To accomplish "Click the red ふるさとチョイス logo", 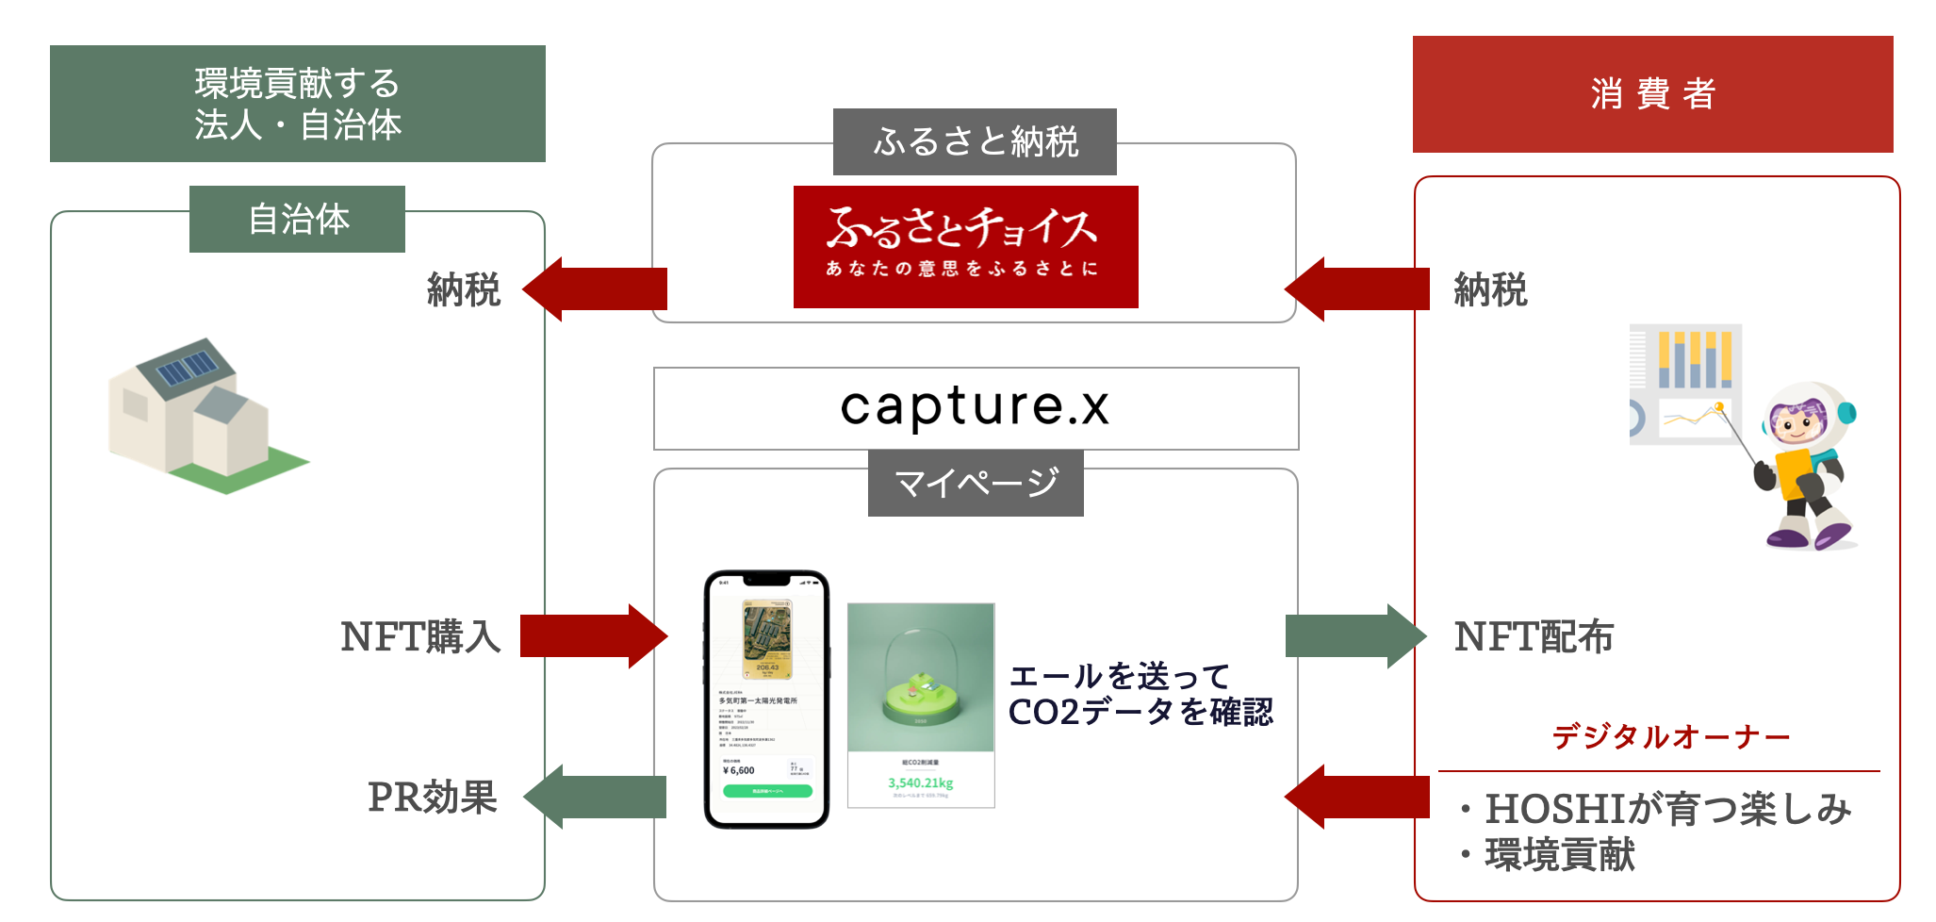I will pyautogui.click(x=965, y=246).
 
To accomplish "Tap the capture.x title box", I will pyautogui.click(x=976, y=408).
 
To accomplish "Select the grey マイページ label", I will pyautogui.click(x=976, y=483).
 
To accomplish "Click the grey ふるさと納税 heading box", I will pyautogui.click(x=975, y=141).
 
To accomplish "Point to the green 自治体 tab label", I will pyautogui.click(x=297, y=219).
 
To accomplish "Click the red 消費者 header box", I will pyautogui.click(x=1652, y=94).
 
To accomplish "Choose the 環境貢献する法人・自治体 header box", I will pyautogui.click(x=297, y=104).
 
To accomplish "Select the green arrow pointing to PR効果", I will pyautogui.click(x=596, y=797).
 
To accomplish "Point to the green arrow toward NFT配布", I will pyautogui.click(x=1354, y=636).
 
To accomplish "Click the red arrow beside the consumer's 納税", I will pyautogui.click(x=1357, y=289).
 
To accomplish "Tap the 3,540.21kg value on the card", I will pyautogui.click(x=920, y=782).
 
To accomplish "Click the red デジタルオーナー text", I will pyautogui.click(x=1670, y=736).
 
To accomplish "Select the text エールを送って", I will pyautogui.click(x=1120, y=676).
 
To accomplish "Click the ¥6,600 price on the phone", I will pyautogui.click(x=739, y=770).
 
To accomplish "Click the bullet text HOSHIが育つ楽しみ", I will pyautogui.click(x=1668, y=809).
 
